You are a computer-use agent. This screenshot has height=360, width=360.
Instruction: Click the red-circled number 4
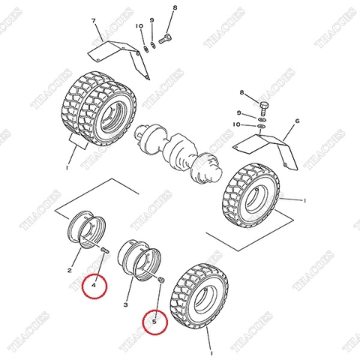click(94, 285)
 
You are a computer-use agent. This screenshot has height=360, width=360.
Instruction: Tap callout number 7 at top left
click(94, 20)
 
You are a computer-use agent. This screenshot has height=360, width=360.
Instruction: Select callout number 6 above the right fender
click(297, 120)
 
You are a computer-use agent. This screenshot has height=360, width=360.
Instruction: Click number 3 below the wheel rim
click(127, 306)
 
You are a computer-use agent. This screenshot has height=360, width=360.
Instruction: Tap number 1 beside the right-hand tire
click(306, 201)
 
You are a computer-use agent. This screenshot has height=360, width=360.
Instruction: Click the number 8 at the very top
click(174, 7)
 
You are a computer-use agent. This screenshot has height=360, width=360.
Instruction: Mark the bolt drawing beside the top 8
click(167, 37)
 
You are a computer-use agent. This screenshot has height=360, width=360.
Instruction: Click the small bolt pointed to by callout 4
click(105, 249)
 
